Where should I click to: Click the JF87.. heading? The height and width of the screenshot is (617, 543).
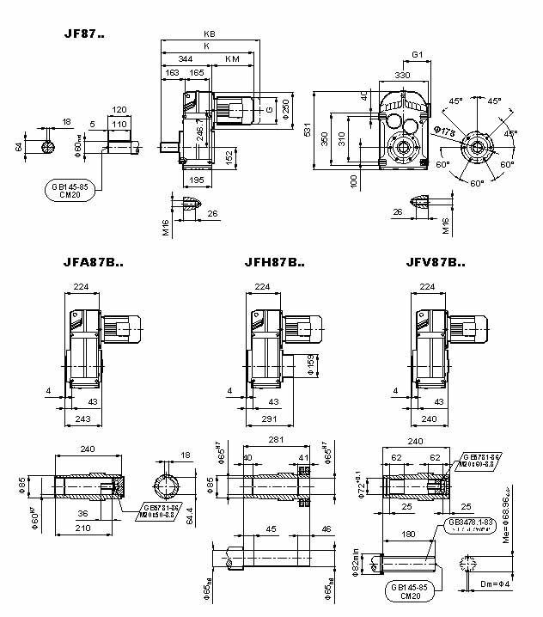84,35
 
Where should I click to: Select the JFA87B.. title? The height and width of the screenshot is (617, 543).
94,263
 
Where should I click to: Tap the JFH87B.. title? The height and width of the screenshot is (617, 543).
274,263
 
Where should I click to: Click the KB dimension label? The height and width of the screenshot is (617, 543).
208,34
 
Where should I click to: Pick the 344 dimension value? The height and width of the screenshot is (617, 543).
185,58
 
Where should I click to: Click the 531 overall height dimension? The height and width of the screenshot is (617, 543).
307,129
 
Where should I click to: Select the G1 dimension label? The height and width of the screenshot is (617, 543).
418,55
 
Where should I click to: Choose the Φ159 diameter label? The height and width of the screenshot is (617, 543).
310,368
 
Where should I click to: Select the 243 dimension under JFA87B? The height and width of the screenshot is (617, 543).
82,418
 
